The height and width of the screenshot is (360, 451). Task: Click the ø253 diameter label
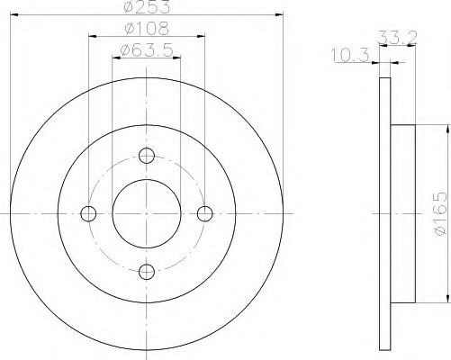(x=147, y=6)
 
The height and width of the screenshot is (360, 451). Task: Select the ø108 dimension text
(x=147, y=29)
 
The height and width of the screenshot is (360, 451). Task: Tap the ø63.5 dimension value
(x=147, y=50)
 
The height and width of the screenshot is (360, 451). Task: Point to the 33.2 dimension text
(x=397, y=38)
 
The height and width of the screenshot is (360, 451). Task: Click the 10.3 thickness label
(x=350, y=55)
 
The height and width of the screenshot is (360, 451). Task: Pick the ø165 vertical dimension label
(x=440, y=213)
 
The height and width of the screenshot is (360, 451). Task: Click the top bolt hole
(x=147, y=156)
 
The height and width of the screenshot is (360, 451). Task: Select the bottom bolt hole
(x=147, y=272)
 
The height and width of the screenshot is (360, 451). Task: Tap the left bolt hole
(x=88, y=213)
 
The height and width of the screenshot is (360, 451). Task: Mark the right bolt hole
(x=205, y=213)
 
